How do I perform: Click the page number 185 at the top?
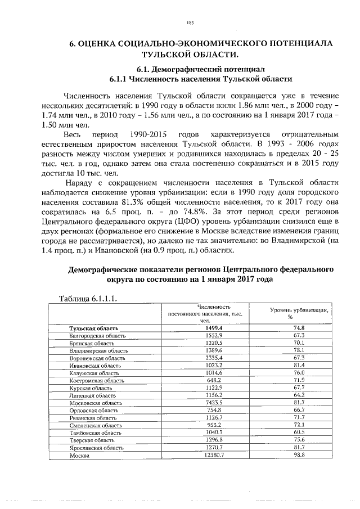[x=190, y=22]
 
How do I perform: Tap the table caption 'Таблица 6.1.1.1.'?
[x=88, y=298]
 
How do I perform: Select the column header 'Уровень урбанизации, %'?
[x=299, y=313]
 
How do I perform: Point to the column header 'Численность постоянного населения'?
[x=205, y=313]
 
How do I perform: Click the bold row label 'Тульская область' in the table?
[x=93, y=328]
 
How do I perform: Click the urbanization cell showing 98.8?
[x=299, y=455]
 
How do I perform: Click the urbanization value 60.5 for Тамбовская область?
[x=299, y=433]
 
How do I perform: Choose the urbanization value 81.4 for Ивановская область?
[x=299, y=365]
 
